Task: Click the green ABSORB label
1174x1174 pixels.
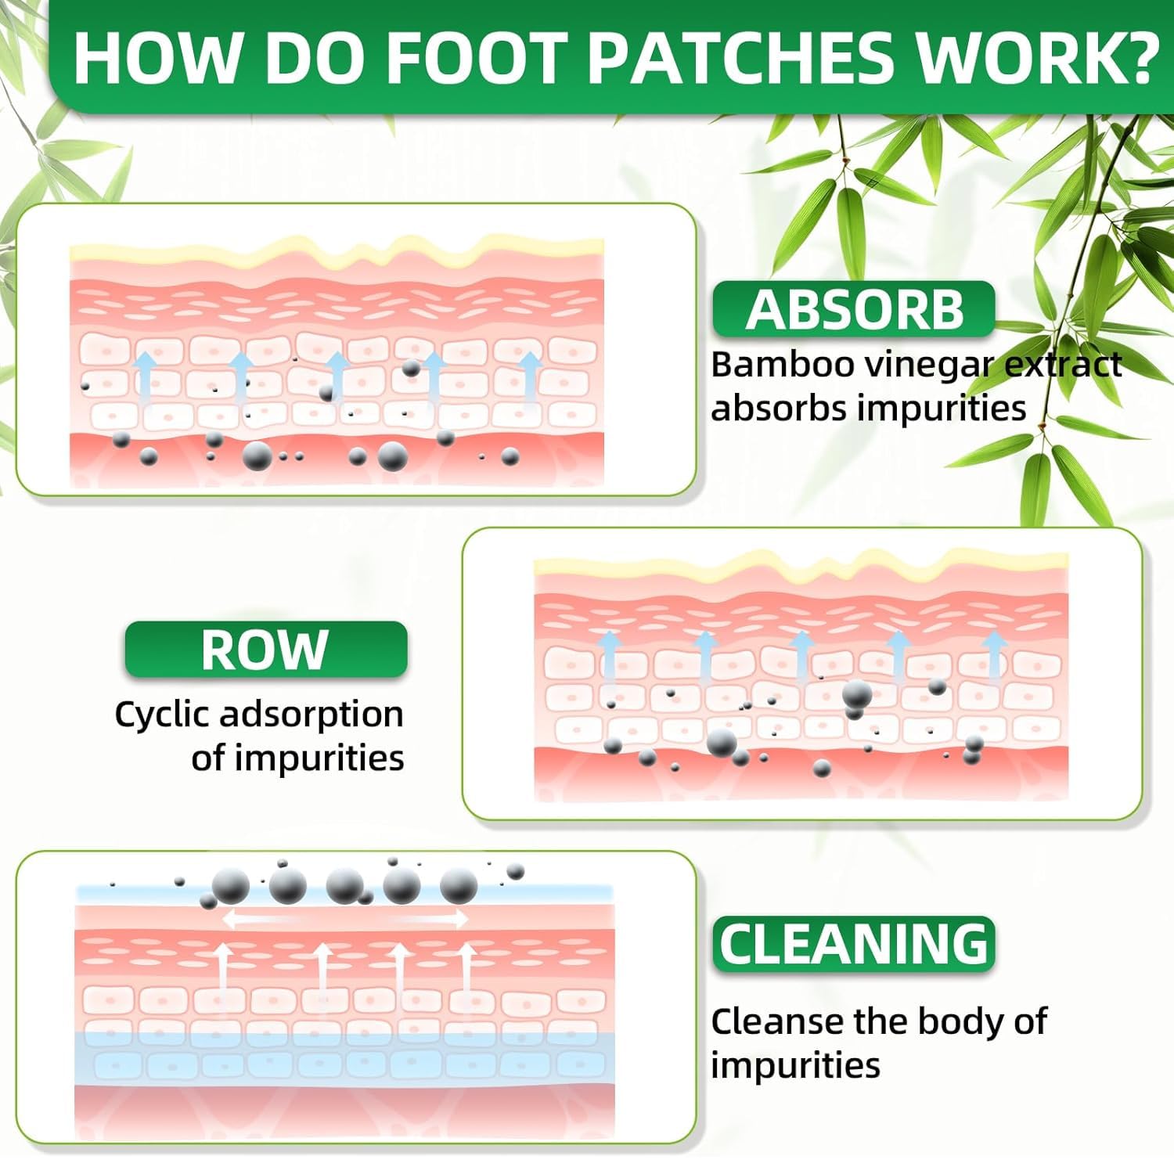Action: [x=854, y=309]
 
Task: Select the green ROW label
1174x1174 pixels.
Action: [x=265, y=650]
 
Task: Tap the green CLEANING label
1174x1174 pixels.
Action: [x=854, y=944]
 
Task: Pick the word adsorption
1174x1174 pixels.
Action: [x=312, y=715]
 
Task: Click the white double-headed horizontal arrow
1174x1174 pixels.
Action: [x=344, y=919]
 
